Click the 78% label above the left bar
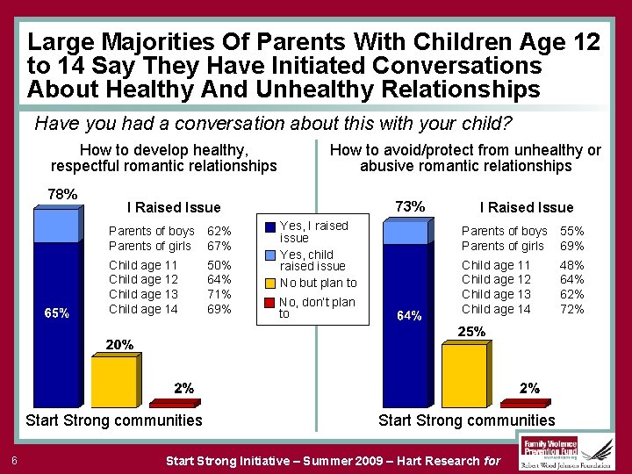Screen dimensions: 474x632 point(61,194)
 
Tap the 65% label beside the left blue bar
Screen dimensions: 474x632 point(57,313)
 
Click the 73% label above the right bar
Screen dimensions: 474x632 point(410,206)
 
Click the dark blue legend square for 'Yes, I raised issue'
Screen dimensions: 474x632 point(270,226)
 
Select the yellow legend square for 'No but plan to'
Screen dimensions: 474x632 point(270,283)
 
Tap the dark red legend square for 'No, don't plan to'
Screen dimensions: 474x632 point(270,303)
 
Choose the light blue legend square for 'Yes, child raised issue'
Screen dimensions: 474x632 point(270,255)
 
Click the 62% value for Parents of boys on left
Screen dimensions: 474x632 point(219,232)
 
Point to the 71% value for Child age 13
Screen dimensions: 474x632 point(219,294)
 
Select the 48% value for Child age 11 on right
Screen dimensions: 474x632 point(571,265)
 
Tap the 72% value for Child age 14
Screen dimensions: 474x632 point(571,309)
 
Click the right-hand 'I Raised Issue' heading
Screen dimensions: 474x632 point(526,207)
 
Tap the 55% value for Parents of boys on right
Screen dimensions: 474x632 point(571,231)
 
